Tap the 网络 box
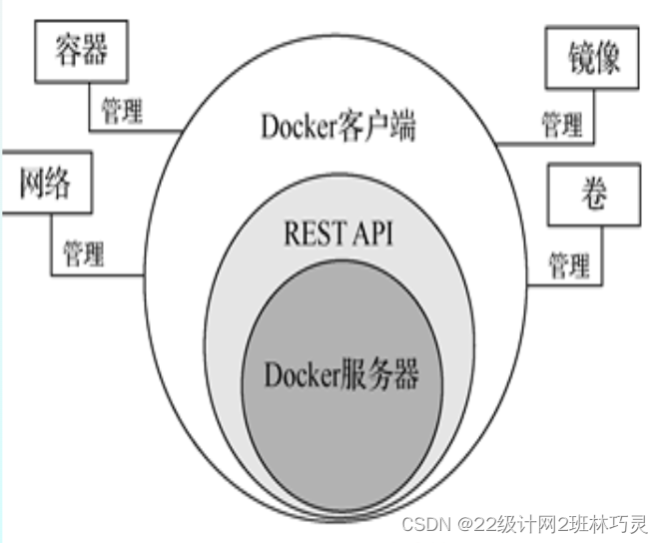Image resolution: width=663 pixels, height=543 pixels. pyautogui.click(x=46, y=184)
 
